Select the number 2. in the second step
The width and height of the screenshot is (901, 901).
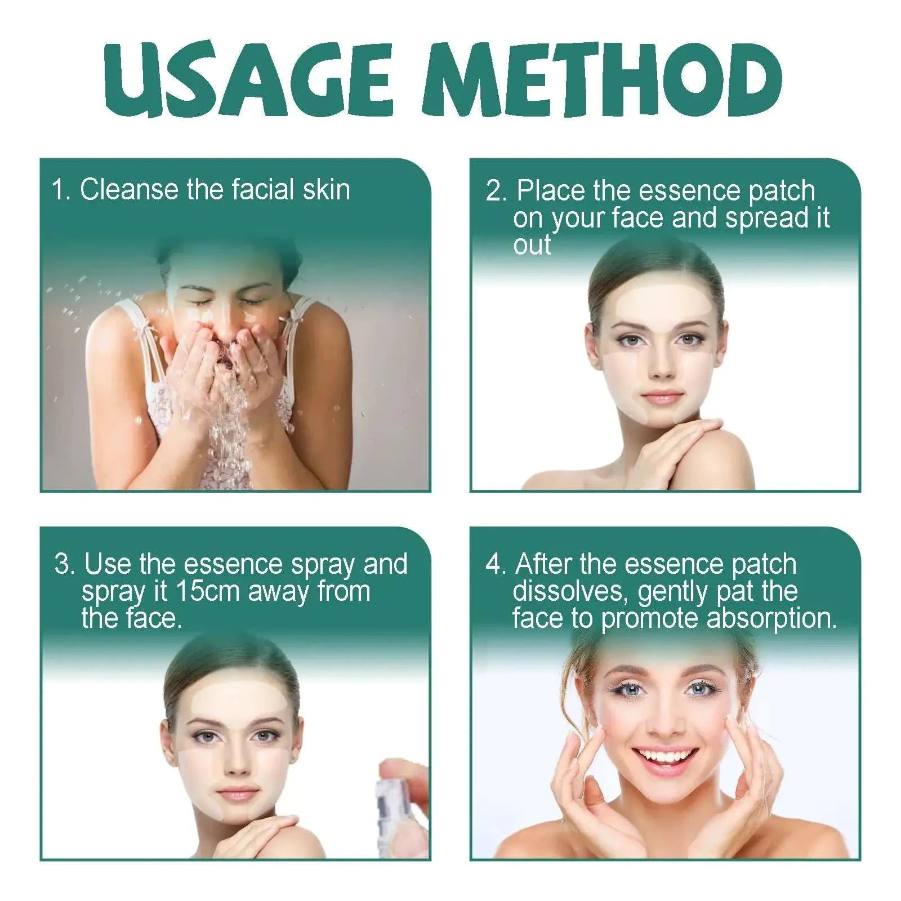[496, 191]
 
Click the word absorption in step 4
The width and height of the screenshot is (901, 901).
[771, 618]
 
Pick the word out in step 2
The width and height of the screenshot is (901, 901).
[532, 246]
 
